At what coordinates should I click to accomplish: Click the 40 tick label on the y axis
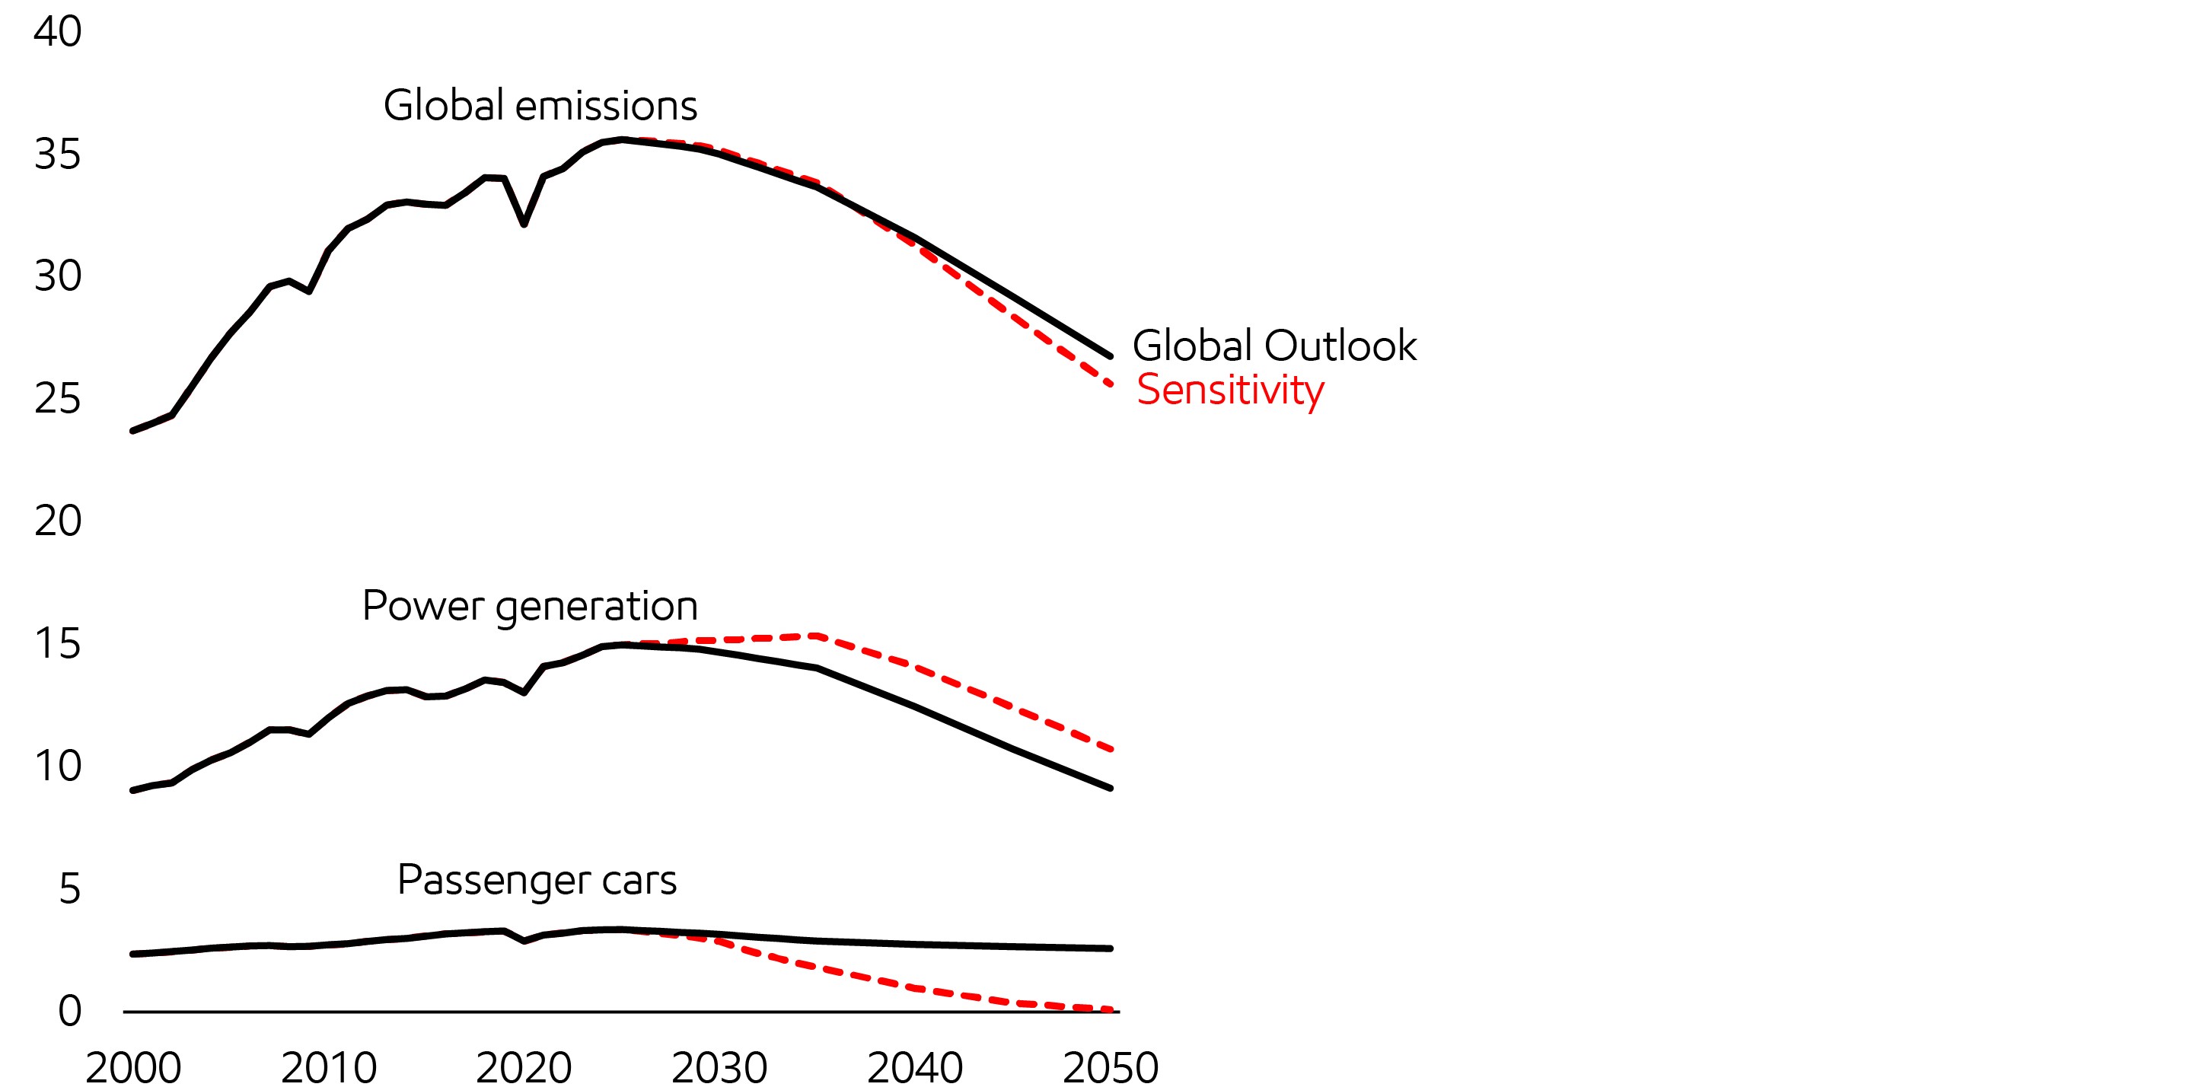pos(57,31)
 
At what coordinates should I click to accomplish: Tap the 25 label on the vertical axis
pos(57,398)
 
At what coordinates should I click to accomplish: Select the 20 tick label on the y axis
pos(57,521)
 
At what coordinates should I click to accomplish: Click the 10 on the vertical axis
pos(57,766)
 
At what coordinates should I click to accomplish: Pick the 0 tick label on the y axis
pos(69,1011)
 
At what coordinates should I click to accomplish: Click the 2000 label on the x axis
pos(134,1067)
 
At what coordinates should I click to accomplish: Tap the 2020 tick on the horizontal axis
pos(524,1067)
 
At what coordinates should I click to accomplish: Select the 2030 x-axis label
pos(719,1067)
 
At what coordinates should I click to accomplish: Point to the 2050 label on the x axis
pos(1110,1067)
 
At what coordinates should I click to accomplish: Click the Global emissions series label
pos(540,106)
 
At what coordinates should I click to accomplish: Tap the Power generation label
pos(530,606)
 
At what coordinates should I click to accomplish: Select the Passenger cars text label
pos(537,880)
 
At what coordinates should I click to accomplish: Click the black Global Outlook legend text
pos(1273,346)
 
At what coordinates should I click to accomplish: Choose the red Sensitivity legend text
pos(1230,390)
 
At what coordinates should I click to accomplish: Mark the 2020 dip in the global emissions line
pos(524,224)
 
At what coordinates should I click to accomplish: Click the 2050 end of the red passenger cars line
pos(1110,1009)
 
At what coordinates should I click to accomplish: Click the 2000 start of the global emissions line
pos(134,431)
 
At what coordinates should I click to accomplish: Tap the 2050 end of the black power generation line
pos(1110,788)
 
